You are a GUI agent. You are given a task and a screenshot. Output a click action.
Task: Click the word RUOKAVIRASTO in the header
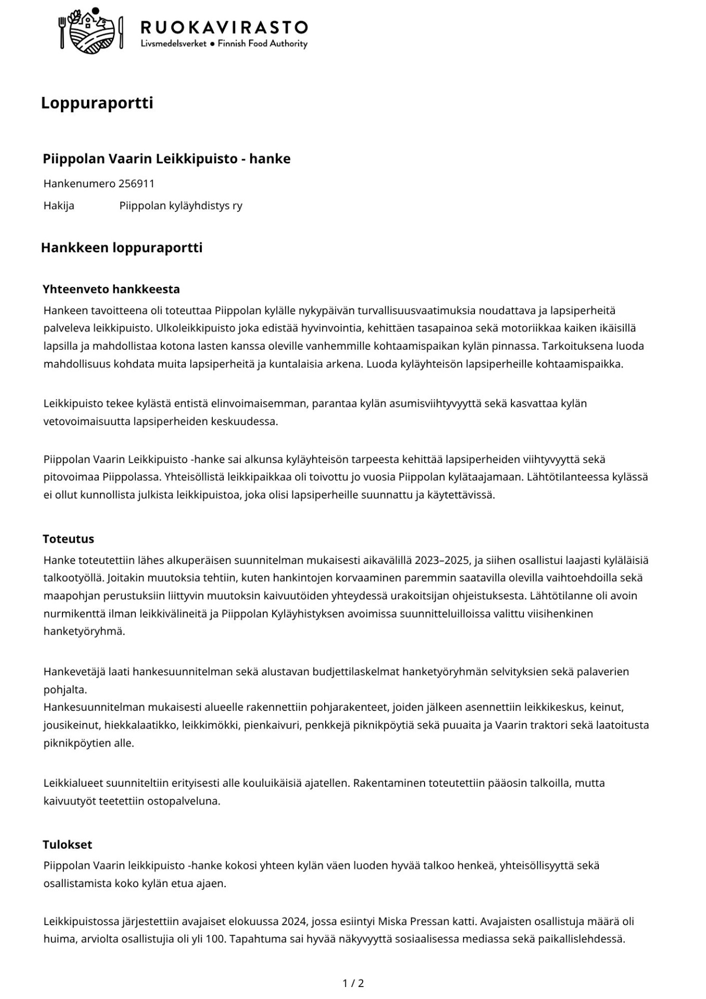pos(224,27)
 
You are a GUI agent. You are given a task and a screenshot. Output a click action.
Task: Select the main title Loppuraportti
pos(97,103)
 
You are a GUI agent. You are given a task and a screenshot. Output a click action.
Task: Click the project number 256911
pos(136,184)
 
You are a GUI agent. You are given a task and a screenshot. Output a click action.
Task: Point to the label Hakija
pos(59,206)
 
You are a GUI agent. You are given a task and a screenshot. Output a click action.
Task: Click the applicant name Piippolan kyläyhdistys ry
pos(181,206)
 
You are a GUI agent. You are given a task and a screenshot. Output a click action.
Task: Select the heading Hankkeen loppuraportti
pos(122,248)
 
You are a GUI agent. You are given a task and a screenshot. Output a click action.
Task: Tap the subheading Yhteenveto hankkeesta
pos(111,289)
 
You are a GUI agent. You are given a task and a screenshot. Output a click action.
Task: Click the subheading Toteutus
pos(68,539)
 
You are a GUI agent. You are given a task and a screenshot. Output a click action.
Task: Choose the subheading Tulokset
pos(67,844)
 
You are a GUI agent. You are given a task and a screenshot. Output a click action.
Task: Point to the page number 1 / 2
pos(353,983)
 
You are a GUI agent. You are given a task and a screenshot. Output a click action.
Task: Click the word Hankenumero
pos(79,184)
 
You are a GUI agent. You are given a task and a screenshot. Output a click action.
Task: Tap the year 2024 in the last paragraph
pos(293,921)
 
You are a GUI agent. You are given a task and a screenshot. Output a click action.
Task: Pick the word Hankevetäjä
pos(74,672)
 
